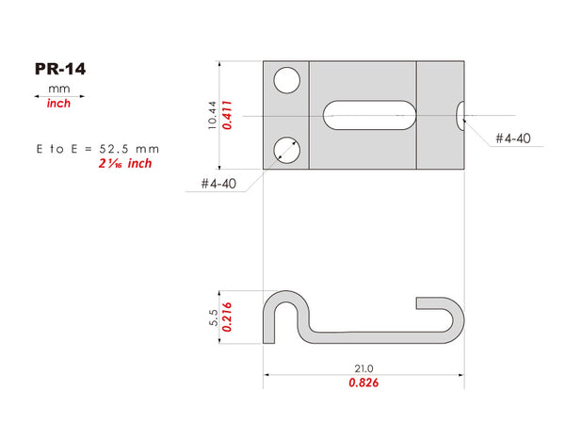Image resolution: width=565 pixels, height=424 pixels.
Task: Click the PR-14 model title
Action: pyautogui.click(x=60, y=69)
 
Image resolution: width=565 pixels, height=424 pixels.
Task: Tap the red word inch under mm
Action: pyautogui.click(x=58, y=104)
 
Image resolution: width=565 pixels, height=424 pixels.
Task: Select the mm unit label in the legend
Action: pyautogui.click(x=58, y=89)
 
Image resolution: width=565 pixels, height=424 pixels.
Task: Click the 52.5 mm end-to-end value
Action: pyautogui.click(x=129, y=149)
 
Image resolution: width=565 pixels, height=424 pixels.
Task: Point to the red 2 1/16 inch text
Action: pyautogui.click(x=125, y=163)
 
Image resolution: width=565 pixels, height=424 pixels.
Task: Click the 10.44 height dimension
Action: pyautogui.click(x=212, y=115)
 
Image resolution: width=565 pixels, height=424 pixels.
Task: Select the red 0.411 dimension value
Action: pyautogui.click(x=227, y=115)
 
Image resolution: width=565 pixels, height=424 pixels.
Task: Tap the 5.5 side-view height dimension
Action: pyautogui.click(x=214, y=318)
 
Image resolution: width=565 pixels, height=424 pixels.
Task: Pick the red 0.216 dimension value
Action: pyautogui.click(x=227, y=318)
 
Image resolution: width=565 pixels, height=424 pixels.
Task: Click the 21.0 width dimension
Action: pyautogui.click(x=363, y=368)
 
